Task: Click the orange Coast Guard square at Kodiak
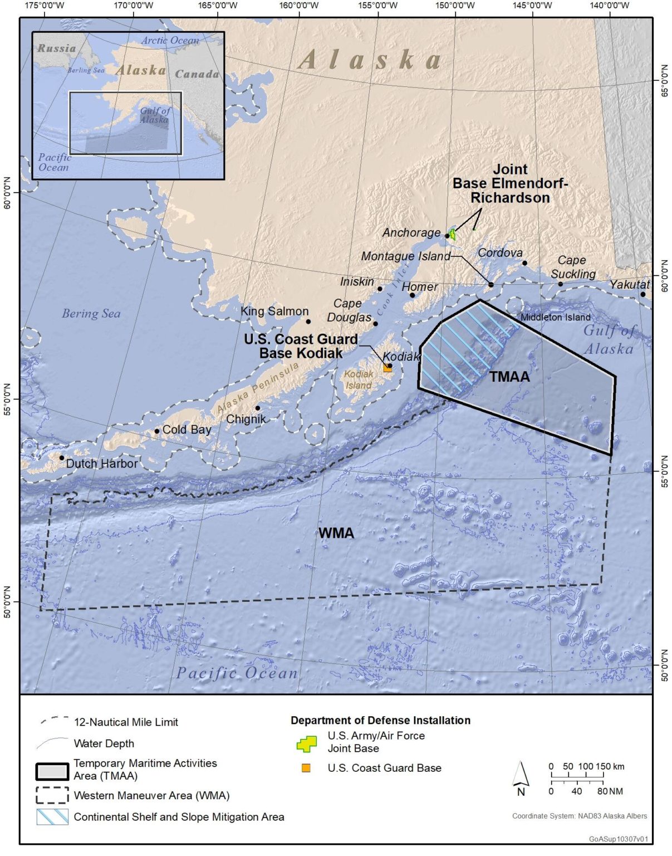coord(387,368)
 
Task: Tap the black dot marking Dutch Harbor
coord(62,458)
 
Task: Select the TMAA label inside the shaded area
coord(509,377)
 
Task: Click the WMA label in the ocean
coord(336,533)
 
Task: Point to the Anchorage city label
coord(411,233)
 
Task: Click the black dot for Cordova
coord(524,263)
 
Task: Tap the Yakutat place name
coord(629,285)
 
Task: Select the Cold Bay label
coord(187,430)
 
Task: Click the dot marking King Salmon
coord(308,322)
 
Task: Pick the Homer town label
coord(420,287)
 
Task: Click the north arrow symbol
coord(521,776)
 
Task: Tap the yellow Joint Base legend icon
coord(307,743)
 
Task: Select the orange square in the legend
coord(306,768)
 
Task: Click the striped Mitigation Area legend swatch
coord(52,817)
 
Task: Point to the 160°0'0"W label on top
coord(299,6)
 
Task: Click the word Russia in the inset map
coord(56,48)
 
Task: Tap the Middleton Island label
coord(555,317)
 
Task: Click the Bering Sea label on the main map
coord(91,314)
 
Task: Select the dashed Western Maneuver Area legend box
coord(52,795)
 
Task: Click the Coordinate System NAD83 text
coord(579,816)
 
